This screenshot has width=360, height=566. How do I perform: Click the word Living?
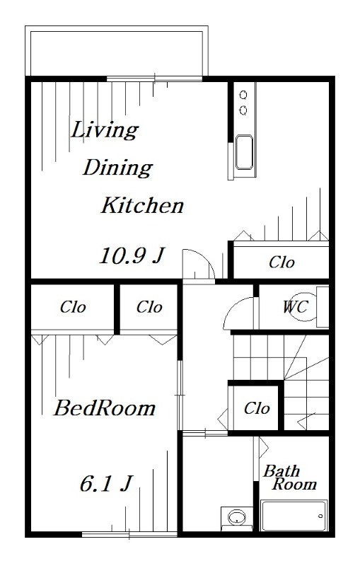[104, 130]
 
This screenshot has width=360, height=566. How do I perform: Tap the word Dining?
[117, 168]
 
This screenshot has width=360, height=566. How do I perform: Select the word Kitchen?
[142, 205]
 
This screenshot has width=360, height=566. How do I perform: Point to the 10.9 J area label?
[132, 255]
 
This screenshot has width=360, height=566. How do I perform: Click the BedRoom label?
[105, 408]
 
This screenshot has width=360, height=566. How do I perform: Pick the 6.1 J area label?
[106, 484]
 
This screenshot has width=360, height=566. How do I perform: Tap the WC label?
[295, 307]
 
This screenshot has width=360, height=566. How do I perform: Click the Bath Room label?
[290, 477]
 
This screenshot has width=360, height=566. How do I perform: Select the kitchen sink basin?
[244, 152]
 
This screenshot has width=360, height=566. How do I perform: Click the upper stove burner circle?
[243, 95]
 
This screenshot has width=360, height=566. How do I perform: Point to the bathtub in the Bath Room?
[294, 516]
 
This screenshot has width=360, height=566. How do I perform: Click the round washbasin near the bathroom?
[237, 516]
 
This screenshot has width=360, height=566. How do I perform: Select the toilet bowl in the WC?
[303, 307]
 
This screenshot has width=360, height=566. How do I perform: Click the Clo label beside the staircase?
[257, 408]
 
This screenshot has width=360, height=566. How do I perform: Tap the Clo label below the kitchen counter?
[281, 262]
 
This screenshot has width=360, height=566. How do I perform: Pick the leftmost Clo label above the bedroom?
[73, 307]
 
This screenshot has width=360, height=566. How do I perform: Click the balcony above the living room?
[117, 51]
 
